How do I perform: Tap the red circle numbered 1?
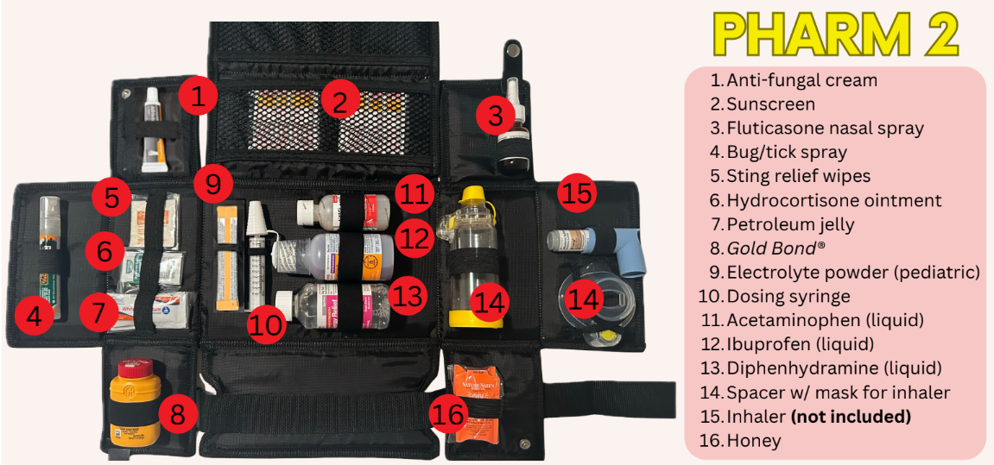click(198, 96)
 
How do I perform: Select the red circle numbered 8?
click(177, 415)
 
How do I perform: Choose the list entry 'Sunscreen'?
click(770, 104)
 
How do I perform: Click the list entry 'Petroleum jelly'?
click(790, 224)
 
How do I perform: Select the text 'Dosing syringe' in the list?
click(788, 297)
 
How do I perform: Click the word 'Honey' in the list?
click(753, 441)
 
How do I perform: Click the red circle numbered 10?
click(267, 325)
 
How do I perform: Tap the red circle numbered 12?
click(415, 236)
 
